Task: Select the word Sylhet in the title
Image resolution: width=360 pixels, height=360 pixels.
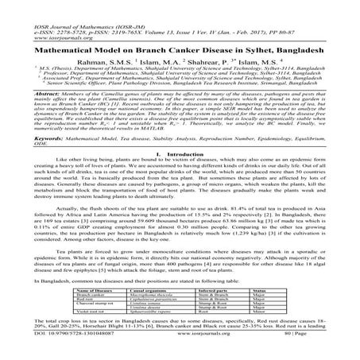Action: [x=266, y=49]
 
